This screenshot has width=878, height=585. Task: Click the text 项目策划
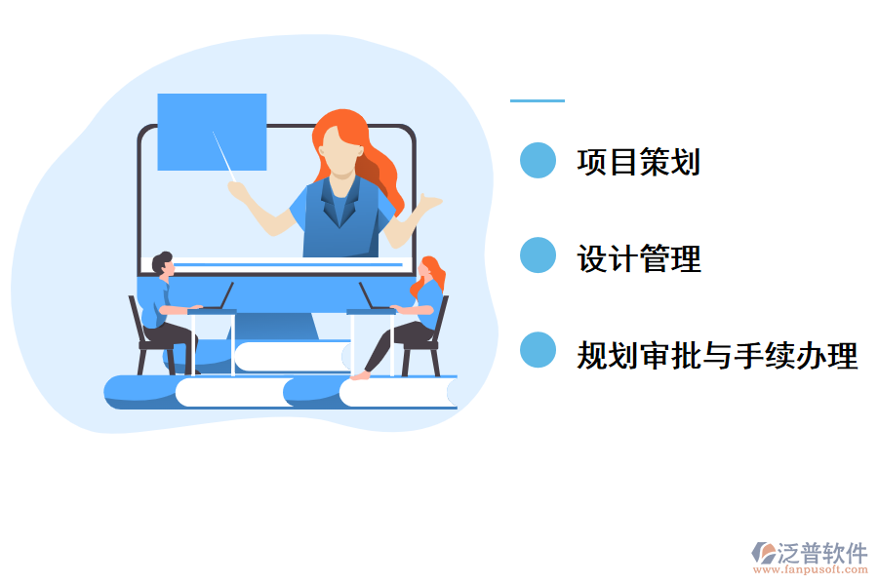click(638, 162)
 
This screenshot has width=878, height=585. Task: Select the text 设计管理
click(638, 258)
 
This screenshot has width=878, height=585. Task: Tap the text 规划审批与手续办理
click(717, 356)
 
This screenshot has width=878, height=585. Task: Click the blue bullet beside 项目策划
click(538, 161)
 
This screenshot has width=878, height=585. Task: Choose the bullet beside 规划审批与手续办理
click(538, 351)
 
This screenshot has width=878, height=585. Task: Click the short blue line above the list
click(537, 100)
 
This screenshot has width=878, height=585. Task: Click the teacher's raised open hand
click(427, 203)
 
